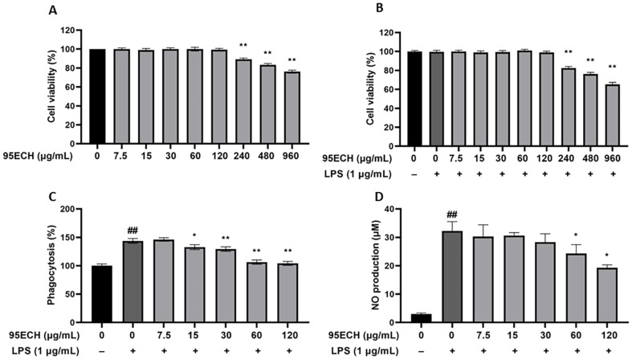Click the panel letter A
pos(52,11)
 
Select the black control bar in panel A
pos(97,96)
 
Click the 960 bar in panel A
pos(292,108)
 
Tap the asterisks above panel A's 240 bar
pos(243,45)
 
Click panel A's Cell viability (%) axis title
pos(51,86)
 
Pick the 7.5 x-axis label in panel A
pos(120,156)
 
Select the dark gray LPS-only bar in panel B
pos(436,99)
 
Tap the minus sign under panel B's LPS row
pos(414,174)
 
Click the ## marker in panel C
pos(133,231)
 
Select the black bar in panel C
pos(101,294)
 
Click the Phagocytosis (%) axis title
pos(51,265)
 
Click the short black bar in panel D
pos(421,318)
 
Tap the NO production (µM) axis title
pos(376,267)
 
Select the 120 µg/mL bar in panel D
pos(607,296)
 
